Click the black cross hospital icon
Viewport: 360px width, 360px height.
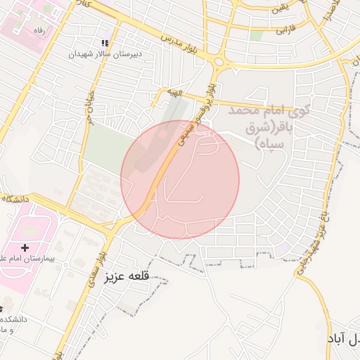25,247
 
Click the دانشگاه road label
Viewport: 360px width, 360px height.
15,199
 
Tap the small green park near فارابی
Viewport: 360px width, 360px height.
257,34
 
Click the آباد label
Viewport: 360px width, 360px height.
342,340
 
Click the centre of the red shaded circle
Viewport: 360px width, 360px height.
180,179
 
